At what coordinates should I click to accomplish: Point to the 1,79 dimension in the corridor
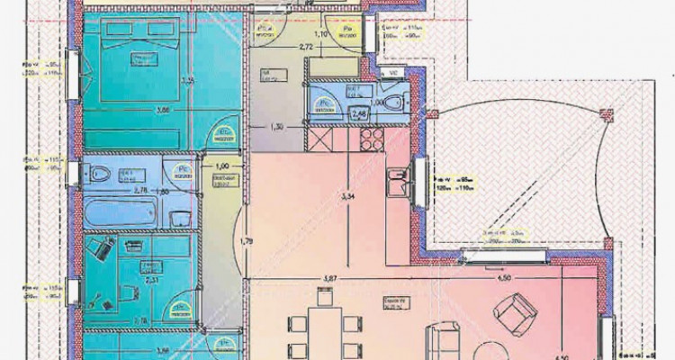click(245, 240)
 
